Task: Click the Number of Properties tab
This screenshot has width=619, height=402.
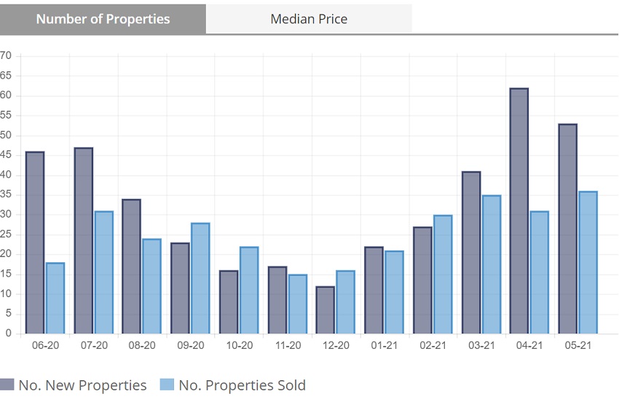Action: coord(103,19)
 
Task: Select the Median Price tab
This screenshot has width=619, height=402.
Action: coord(309,19)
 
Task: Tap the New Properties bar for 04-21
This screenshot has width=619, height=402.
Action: coord(519,211)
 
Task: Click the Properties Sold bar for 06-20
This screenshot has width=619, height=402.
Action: coord(55,298)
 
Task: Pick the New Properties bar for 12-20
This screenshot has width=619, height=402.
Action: coord(325,310)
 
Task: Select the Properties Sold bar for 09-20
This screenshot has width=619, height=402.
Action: coord(200,278)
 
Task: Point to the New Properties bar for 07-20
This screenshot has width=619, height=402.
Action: coord(84,241)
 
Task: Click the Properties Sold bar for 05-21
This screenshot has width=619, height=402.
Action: coord(588,262)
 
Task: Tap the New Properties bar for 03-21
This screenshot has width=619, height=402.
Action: coord(471,253)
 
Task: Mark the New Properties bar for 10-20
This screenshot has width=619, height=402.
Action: coord(228,301)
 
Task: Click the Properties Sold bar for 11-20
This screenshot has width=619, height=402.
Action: coord(297,304)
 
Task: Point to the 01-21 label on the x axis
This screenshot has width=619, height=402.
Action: coord(385,345)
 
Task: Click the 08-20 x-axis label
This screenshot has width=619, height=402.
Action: coord(142,345)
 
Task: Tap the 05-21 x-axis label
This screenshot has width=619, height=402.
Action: coord(577,345)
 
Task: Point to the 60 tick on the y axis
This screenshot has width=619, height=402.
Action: coord(7,95)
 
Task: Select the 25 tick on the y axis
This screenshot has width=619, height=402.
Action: coord(7,234)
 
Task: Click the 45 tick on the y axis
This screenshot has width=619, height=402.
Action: coord(7,155)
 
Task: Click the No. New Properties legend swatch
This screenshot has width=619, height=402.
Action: coord(7,385)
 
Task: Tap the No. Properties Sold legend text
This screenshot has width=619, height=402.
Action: coord(242,385)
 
